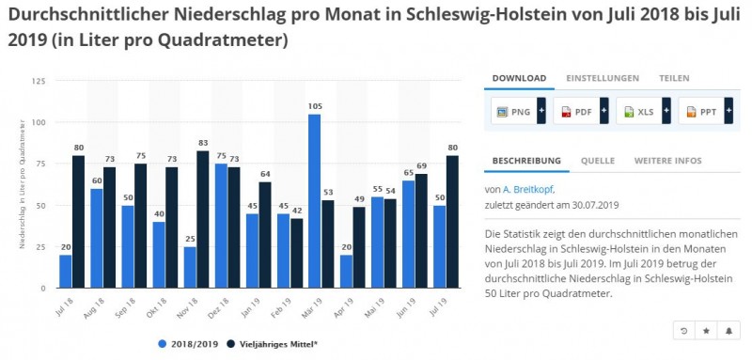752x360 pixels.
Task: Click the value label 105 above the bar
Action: click(x=315, y=106)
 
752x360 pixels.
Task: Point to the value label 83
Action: click(x=203, y=142)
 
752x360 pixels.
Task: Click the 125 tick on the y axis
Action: click(x=39, y=82)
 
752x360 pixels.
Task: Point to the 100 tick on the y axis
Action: click(x=39, y=123)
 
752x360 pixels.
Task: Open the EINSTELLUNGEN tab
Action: click(x=603, y=78)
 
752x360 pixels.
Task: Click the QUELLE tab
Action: click(x=597, y=161)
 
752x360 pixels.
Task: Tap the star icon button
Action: click(x=706, y=331)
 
